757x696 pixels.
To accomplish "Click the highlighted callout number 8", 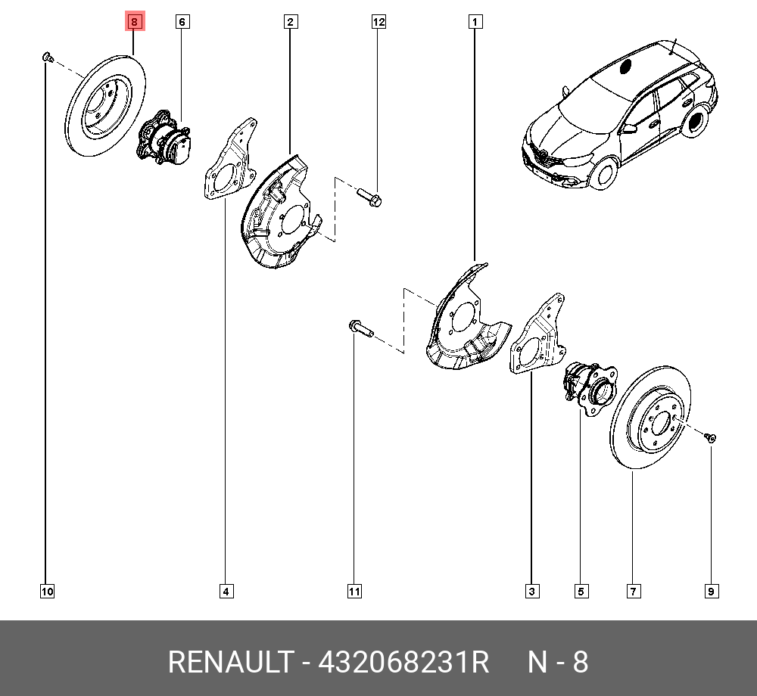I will (134, 23).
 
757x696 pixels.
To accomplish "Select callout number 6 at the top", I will (182, 23).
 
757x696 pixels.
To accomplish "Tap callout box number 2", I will (290, 23).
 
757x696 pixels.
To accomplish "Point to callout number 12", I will (378, 23).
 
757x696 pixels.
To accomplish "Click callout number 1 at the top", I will (475, 23).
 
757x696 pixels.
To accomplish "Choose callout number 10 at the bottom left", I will (47, 592).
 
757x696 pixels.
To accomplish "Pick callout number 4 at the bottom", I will (226, 592).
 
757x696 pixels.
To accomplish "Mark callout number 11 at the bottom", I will (354, 592).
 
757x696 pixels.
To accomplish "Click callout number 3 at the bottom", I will (532, 592).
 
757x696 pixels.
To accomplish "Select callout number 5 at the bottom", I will (581, 592).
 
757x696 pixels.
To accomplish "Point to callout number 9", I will (712, 592).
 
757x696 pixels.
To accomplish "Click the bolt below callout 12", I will (369, 199).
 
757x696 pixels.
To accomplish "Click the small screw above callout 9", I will (710, 437).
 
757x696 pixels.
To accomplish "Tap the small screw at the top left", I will (46, 56).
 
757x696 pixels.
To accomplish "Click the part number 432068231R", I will (403, 663).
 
